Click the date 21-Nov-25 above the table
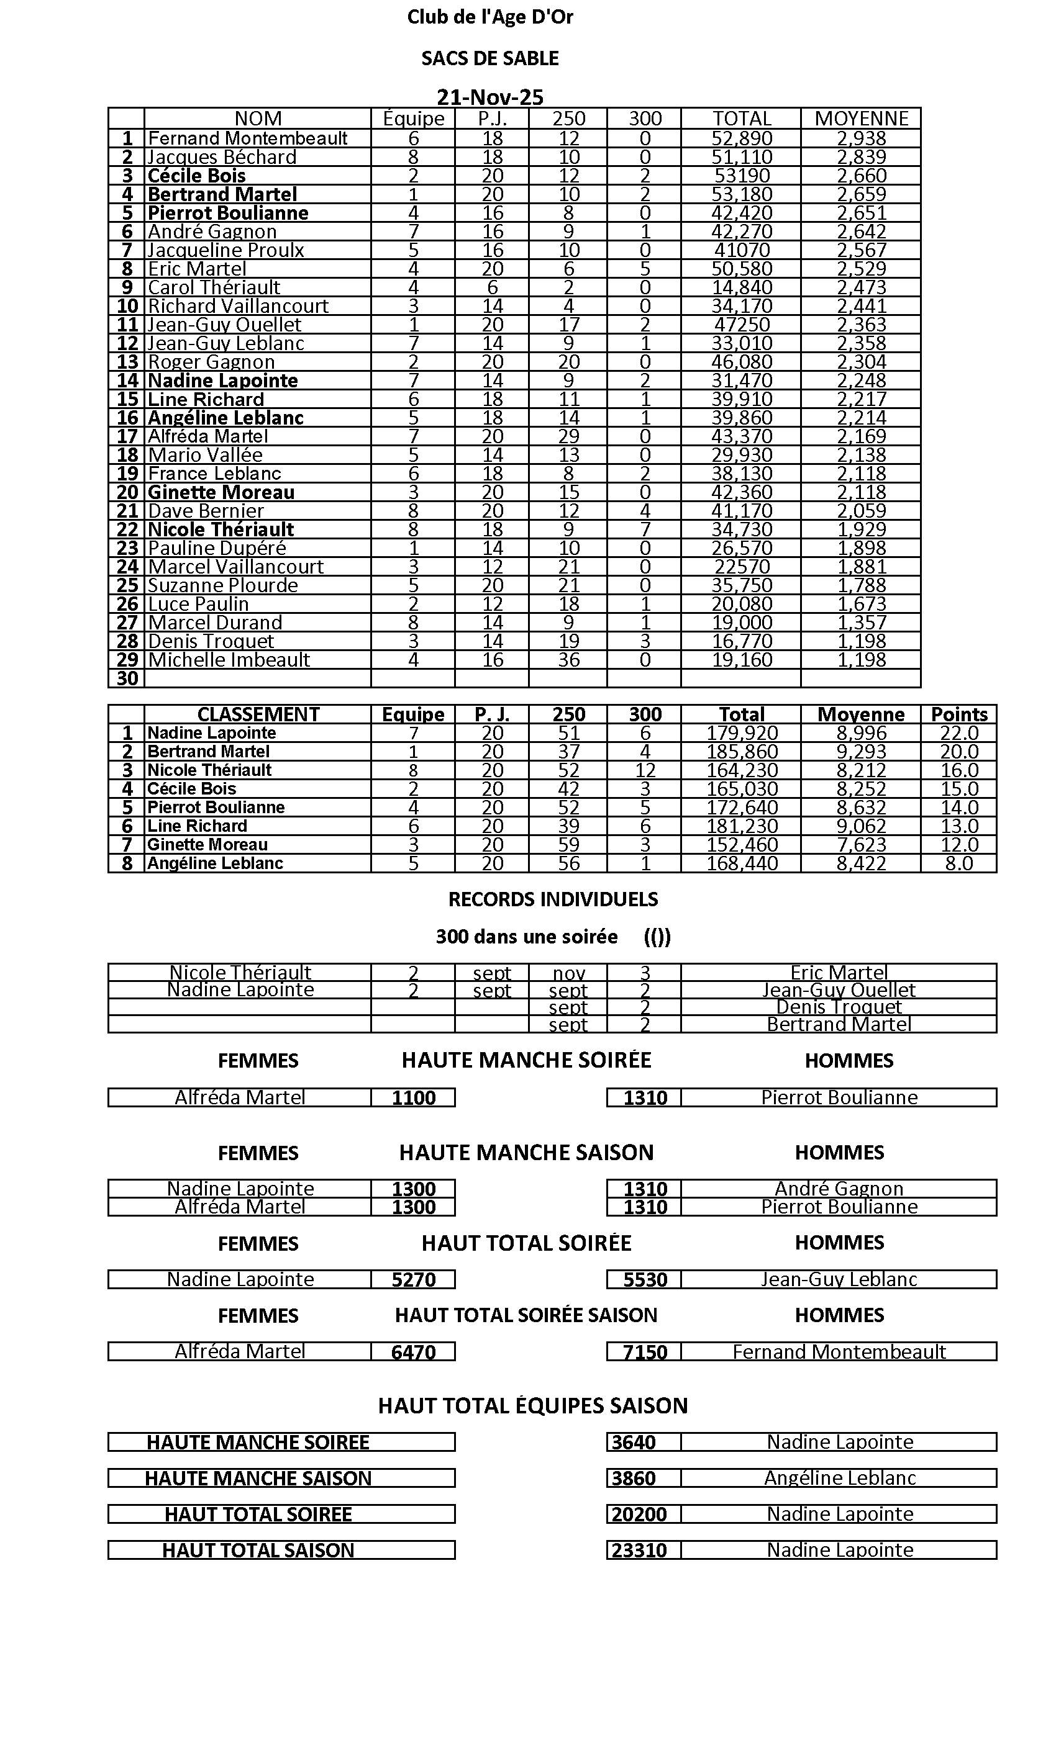pos(490,97)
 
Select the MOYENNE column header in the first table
pos(860,119)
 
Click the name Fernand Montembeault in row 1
pos(248,138)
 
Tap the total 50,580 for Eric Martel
pos(741,269)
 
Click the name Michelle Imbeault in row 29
pos(229,660)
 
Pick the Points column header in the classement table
pos(958,714)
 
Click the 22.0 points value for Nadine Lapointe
pos(958,734)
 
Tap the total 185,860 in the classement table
pos(741,752)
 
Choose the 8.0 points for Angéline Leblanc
pos(958,864)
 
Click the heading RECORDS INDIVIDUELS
pos(553,899)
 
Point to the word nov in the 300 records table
pos(568,973)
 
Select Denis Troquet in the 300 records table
pos(839,1007)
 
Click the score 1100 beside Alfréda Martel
pos(414,1098)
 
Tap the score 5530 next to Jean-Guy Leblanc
pos(645,1280)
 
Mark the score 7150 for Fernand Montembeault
pos(645,1352)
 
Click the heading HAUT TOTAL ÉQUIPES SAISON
pos(532,1406)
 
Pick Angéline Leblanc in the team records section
pos(839,1479)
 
